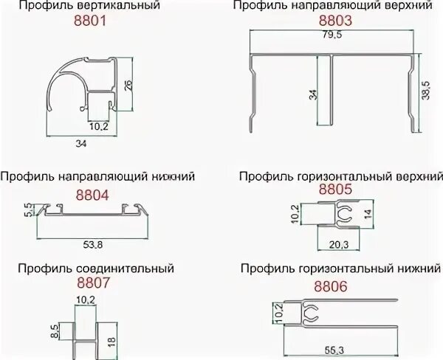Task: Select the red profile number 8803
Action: tap(335, 22)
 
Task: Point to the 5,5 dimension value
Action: tap(27, 210)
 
